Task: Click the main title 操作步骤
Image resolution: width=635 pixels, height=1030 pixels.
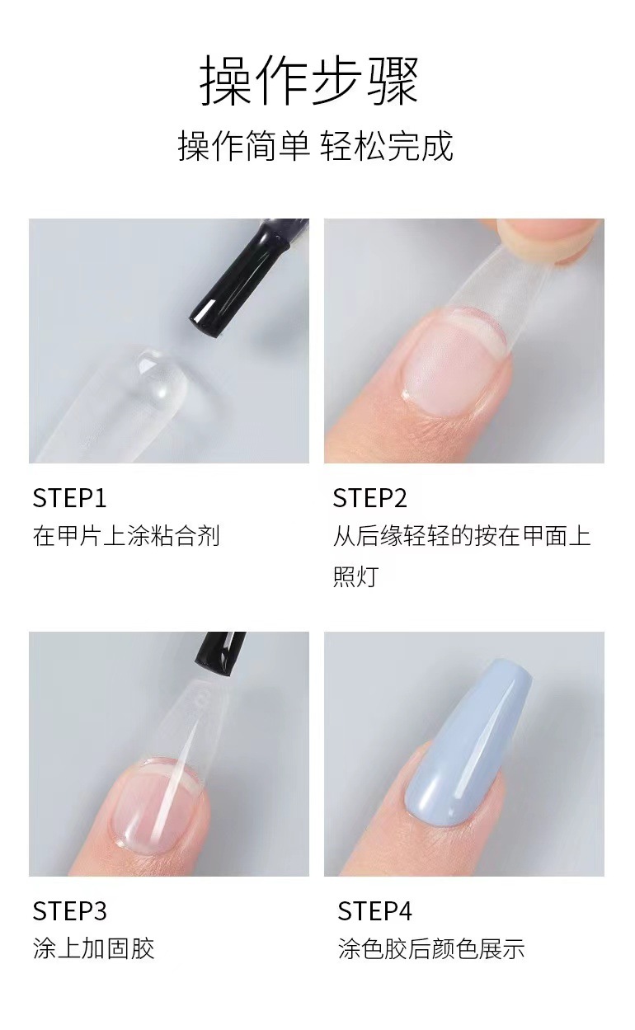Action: point(309,80)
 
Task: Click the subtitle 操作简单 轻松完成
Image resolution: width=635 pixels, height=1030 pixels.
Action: point(316,146)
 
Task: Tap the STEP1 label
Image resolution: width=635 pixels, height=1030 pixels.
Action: point(69,498)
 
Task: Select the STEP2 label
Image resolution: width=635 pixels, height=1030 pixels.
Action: point(370,498)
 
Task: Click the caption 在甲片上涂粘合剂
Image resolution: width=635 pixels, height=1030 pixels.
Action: point(126,536)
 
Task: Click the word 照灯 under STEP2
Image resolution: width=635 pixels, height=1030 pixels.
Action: point(356,576)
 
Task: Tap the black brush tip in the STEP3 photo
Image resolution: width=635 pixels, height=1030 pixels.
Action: point(219,654)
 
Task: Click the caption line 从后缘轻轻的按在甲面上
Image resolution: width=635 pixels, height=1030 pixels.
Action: point(462,536)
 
